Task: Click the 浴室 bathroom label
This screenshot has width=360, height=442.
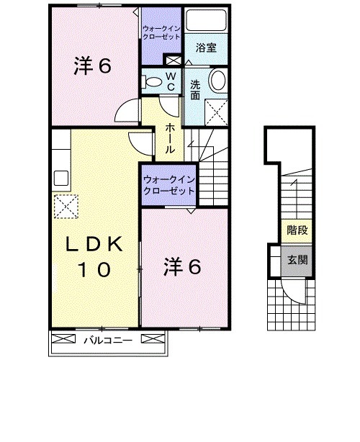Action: click(x=207, y=48)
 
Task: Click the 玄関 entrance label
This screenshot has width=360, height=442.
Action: click(x=296, y=259)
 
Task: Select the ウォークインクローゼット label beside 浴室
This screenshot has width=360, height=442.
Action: click(x=161, y=32)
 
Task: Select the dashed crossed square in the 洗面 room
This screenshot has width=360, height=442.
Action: click(x=216, y=112)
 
